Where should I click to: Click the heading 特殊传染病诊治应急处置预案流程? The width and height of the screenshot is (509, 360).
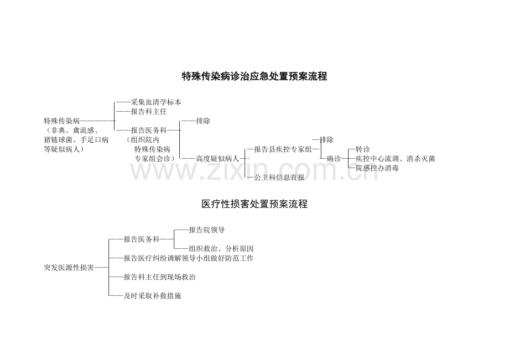254,76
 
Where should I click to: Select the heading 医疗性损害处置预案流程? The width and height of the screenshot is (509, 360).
254,204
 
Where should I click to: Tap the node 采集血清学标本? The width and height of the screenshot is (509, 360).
156,102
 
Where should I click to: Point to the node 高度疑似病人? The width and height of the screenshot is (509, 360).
217,159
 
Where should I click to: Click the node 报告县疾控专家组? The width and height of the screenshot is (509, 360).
283,149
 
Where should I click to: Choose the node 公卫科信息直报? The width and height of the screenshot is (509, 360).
279,178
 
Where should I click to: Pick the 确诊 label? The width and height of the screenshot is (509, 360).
334,159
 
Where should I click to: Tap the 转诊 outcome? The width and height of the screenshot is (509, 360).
362,149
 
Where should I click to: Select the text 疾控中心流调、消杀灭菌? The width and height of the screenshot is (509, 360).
395,159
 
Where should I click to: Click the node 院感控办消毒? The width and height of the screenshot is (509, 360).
377,168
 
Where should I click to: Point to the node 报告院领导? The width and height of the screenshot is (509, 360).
207,230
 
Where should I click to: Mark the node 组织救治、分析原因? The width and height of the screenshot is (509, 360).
221,249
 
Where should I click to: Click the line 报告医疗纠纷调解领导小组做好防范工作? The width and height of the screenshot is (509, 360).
189,258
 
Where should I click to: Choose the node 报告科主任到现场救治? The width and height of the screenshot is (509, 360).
159,277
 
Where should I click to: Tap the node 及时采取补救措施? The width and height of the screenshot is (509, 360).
152,296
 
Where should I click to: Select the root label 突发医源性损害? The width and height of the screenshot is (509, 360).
69,268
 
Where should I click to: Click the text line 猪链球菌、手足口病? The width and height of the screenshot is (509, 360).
76,140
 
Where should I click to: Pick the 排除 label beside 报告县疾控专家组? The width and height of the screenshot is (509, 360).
326,140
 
